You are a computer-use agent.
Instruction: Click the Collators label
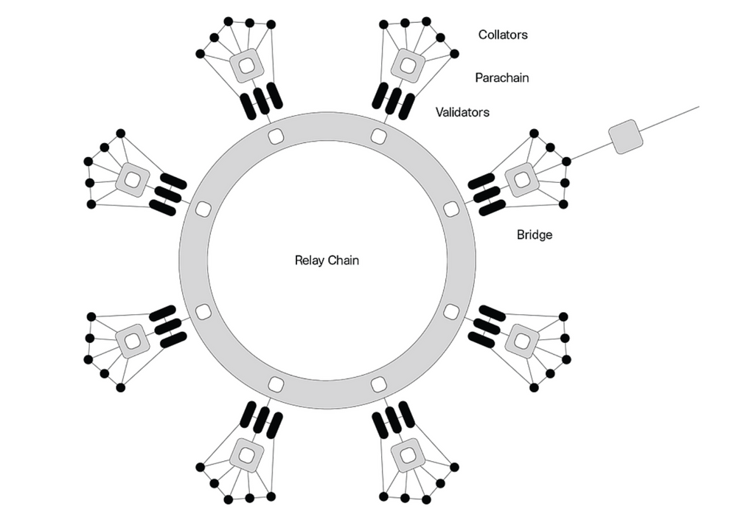coord(503,35)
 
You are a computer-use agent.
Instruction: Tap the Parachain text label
coord(501,77)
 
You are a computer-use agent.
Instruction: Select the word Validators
coord(462,113)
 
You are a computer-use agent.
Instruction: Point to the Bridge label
coord(535,235)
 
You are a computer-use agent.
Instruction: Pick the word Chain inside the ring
coord(344,260)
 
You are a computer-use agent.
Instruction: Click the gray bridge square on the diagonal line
coord(625,137)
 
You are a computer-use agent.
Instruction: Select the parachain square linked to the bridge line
coord(522,179)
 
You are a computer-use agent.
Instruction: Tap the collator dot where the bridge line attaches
coord(566,161)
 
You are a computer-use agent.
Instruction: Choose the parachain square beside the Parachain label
coord(408,66)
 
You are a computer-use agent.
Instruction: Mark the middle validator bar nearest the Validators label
coord(393,101)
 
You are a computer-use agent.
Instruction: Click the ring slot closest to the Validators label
coord(379,136)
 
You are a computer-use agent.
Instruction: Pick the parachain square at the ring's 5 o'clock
coord(407,454)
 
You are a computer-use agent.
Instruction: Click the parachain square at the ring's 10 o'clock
coord(133,179)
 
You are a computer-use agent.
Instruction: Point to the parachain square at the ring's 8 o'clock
coord(133,341)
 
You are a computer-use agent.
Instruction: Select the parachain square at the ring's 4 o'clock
coord(522,341)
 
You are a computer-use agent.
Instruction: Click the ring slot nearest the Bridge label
coord(451,209)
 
